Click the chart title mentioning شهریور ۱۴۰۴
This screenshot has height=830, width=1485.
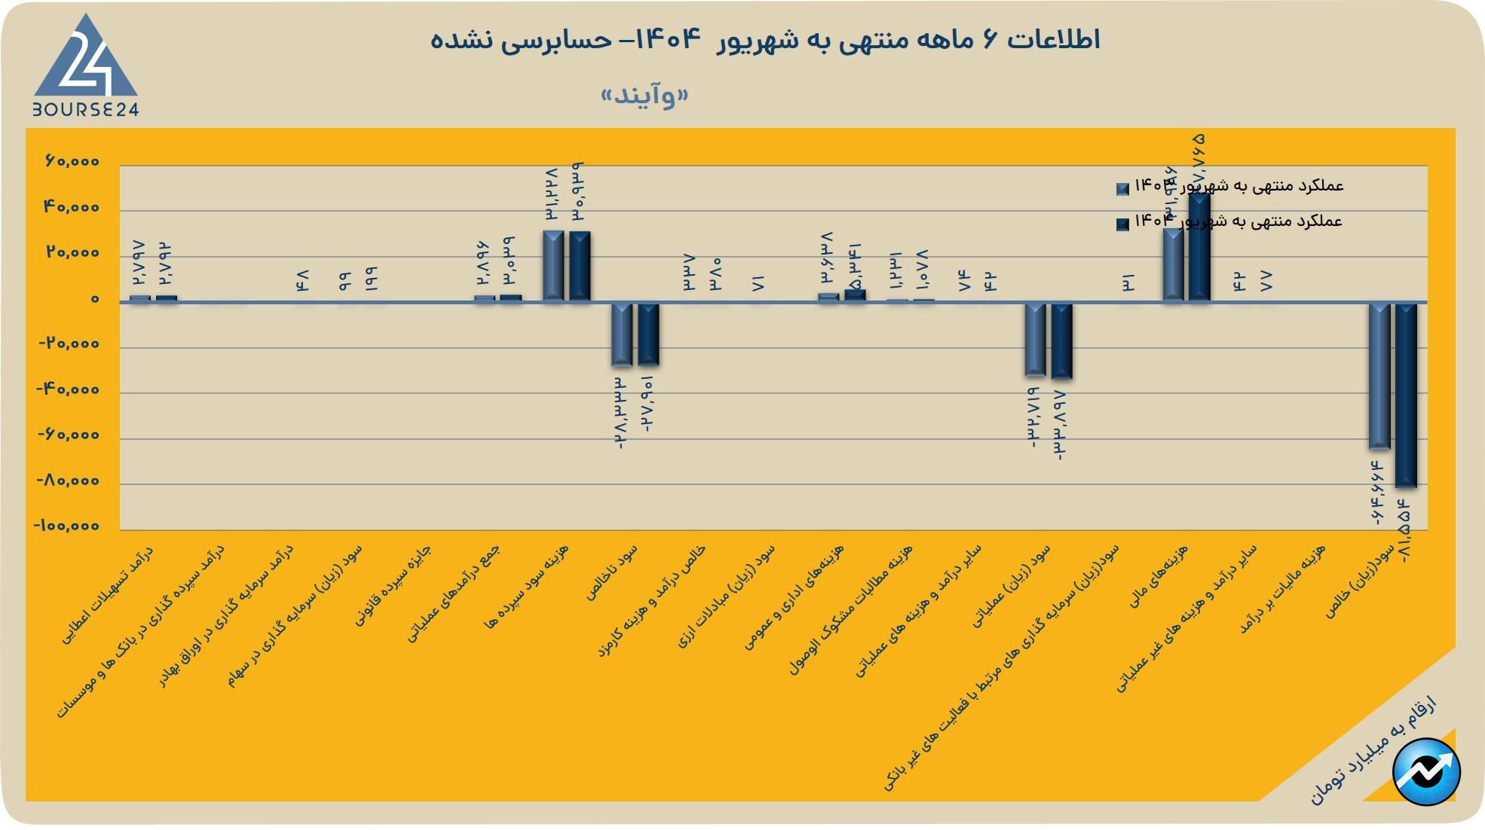764,39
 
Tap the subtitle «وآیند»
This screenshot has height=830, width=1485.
645,96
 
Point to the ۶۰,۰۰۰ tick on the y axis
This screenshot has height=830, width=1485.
72,162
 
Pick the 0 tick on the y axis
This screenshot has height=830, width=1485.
94,299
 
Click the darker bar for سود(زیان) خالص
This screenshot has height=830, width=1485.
1406,395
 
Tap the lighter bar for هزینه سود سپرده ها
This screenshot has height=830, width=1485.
553,266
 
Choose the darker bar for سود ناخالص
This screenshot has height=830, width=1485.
648,334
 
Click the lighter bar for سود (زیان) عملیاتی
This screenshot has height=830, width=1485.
1035,339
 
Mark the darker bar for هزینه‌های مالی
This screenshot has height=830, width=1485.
1199,249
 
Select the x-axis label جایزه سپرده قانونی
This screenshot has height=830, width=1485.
393,587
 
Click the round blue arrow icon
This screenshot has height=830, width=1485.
1426,772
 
